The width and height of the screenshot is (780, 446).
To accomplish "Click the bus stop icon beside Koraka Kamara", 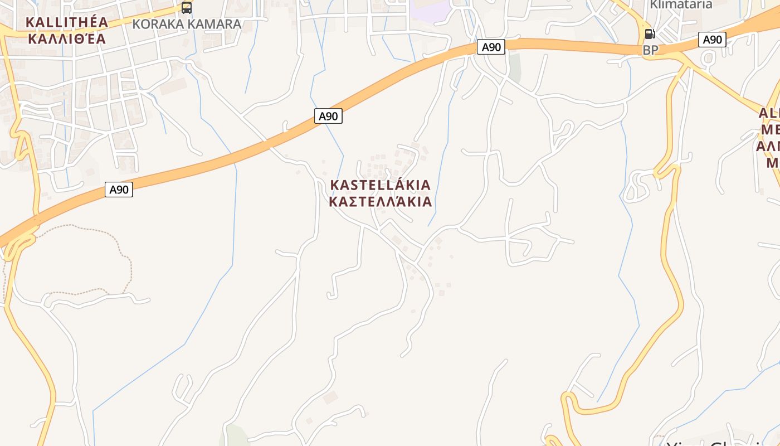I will coord(187,8).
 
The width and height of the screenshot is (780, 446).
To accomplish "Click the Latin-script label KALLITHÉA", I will coord(67,22).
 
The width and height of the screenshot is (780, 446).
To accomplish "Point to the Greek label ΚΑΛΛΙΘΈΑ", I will coord(67,38).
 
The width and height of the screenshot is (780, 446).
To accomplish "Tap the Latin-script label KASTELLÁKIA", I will coord(381,185).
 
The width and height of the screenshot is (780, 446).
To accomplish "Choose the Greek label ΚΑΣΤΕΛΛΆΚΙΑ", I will coord(381,201).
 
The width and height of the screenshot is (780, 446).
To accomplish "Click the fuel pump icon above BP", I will coord(650,34).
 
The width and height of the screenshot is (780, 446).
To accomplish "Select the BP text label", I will coord(650,50).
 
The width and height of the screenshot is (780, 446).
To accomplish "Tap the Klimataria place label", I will coord(681,4).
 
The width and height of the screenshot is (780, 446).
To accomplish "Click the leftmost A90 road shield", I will coord(119,190).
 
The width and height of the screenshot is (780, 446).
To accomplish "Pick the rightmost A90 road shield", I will coord(712,40).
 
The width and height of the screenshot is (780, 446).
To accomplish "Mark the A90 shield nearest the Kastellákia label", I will coord(328,116).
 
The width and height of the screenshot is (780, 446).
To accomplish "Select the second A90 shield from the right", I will coord(491,47).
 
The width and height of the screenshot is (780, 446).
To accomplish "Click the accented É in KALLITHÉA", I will coord(89,22).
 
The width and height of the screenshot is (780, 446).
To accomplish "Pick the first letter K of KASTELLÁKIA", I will coord(335,185).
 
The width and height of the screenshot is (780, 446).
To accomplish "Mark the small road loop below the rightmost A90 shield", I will coord(709,57).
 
